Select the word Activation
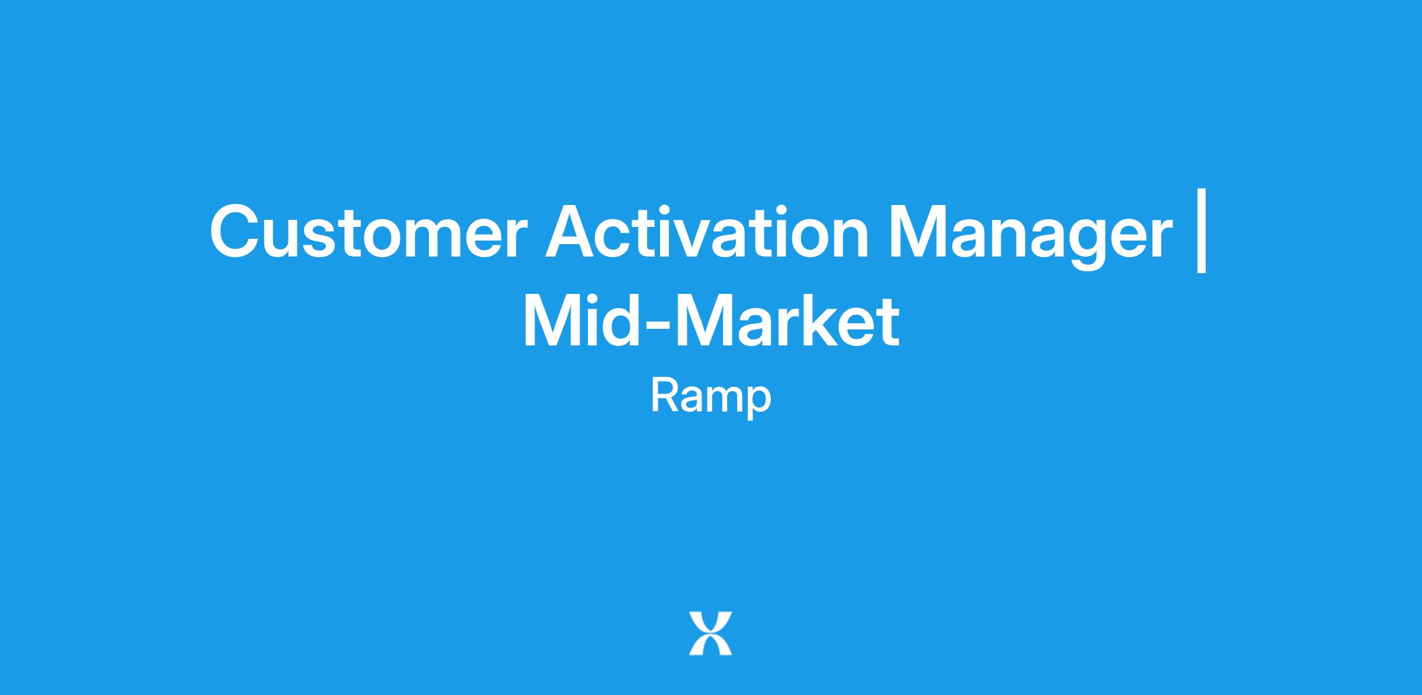(x=707, y=232)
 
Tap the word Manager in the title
(x=1030, y=237)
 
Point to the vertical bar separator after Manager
(x=1202, y=231)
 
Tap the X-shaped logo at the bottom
(x=710, y=633)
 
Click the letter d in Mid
(x=623, y=319)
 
